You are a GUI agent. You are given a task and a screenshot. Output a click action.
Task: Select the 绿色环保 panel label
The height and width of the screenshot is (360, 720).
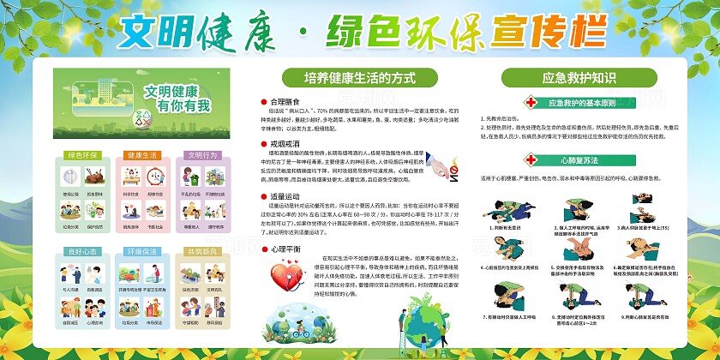click(81, 156)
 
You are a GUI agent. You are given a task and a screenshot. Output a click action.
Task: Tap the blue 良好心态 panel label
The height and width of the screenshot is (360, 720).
click(81, 253)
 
